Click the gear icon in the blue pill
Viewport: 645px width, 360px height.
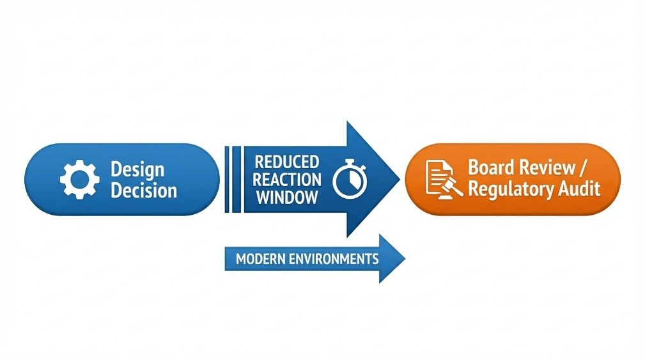[x=79, y=179]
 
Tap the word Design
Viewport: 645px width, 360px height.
[x=137, y=169]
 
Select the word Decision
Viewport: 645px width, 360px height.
[x=143, y=191]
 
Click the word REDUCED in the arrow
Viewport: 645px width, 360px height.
[x=286, y=161]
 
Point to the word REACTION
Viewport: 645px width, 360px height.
[x=286, y=180]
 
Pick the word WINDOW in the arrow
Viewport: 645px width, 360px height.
[x=286, y=198]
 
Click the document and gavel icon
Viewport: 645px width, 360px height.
[x=440, y=179]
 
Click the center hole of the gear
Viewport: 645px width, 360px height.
[x=79, y=179]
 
